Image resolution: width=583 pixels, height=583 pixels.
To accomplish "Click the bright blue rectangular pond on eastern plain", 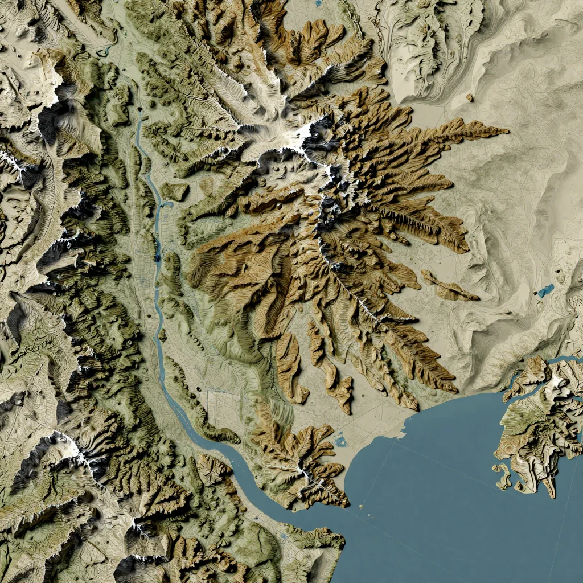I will pos(545,290).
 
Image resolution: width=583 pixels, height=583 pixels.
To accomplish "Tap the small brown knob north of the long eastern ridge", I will pos(470,98).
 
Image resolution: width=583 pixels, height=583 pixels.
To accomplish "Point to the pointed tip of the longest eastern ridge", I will pos(507,131).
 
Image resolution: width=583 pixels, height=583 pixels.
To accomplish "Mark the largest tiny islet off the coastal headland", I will pos(362,505).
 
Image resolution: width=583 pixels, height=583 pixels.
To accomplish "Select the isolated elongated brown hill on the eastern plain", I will pos(450,288).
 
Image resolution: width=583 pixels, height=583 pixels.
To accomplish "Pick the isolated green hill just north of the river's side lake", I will pos(174,191).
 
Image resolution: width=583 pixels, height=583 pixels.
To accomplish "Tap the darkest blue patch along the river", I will pos(158,256).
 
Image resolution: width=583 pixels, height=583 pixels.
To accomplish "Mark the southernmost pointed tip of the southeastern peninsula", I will pos(551,495).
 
